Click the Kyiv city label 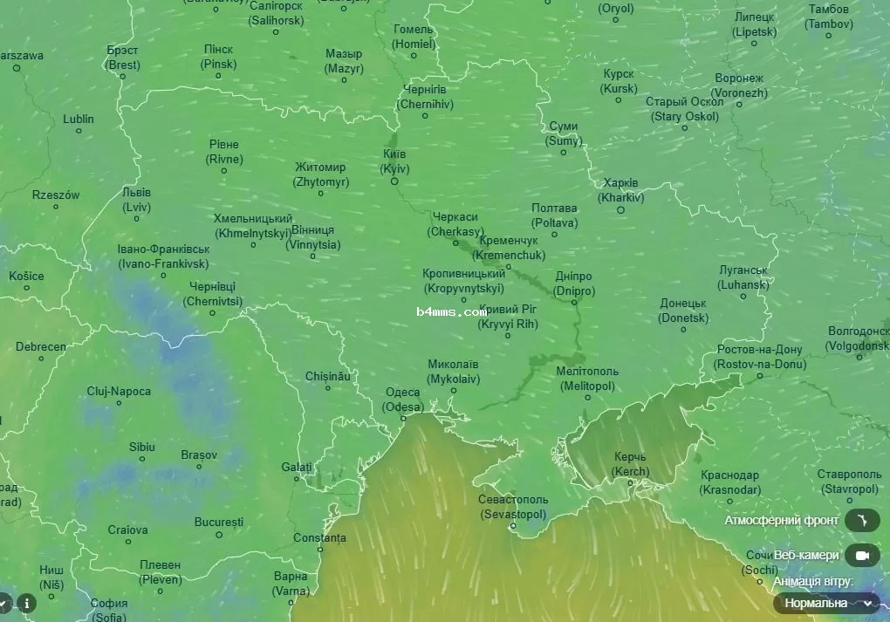pos(394,161)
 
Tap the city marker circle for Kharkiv pos(621,209)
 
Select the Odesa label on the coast pos(404,400)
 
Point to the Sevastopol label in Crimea pos(513,507)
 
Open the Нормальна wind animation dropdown pos(826,603)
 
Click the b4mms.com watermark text pos(451,311)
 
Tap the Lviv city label pos(136,200)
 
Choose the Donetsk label pos(683,311)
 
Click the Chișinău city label pos(327,376)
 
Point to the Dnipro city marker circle pos(574,302)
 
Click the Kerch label pos(630,464)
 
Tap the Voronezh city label pos(739,85)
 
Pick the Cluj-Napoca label pos(119,392)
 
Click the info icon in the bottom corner pos(27,603)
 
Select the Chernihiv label pos(425,97)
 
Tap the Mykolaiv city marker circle pos(453,390)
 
